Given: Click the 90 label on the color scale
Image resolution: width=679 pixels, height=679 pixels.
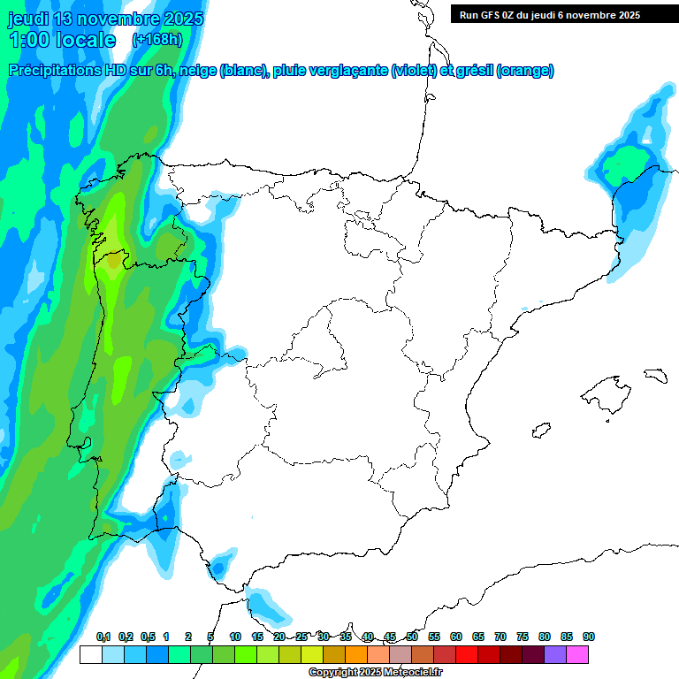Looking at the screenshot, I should pyautogui.click(x=589, y=637).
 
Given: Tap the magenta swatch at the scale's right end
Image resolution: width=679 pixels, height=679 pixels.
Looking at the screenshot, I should pyautogui.click(x=577, y=654).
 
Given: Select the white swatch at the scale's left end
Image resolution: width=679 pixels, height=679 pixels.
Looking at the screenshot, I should pyautogui.click(x=90, y=654).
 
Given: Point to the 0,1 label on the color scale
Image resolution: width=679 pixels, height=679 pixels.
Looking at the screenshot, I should pyautogui.click(x=103, y=637).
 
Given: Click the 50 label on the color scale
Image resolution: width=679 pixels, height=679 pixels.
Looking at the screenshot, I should pyautogui.click(x=412, y=637).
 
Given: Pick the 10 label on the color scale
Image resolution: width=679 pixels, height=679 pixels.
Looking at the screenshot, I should pyautogui.click(x=235, y=637).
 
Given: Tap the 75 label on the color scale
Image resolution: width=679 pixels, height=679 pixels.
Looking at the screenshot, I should pyautogui.click(x=523, y=637).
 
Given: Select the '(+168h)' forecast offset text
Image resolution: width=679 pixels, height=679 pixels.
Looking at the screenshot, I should pyautogui.click(x=156, y=39).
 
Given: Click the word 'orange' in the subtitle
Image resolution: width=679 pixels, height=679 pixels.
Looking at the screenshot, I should pyautogui.click(x=526, y=71).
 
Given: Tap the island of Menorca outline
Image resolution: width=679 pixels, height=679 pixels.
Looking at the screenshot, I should pyautogui.click(x=655, y=376).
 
